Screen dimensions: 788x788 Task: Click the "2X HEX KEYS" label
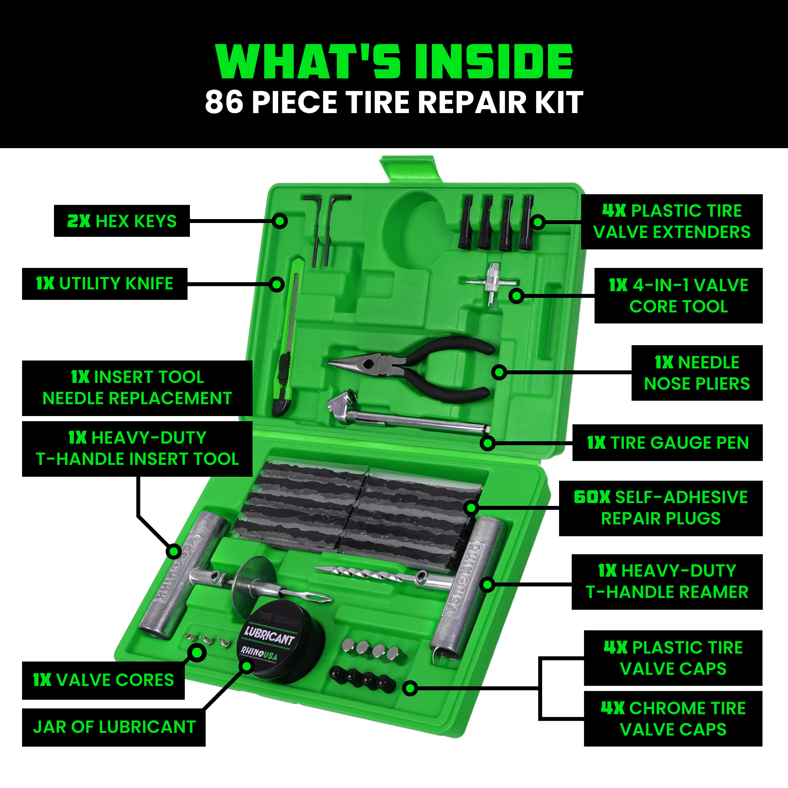[121, 221]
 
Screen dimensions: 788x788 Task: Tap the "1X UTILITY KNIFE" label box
[104, 283]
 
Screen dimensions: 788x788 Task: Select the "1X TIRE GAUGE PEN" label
[667, 442]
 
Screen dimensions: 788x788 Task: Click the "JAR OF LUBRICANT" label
[114, 727]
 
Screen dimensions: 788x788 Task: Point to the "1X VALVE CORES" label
[103, 680]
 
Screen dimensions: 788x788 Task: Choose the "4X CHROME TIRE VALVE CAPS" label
[673, 719]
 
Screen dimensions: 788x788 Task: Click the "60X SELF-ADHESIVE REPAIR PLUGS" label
[660, 508]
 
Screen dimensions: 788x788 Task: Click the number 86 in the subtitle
[224, 102]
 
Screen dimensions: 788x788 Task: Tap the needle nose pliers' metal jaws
[359, 362]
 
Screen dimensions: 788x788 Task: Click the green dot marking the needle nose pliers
[499, 372]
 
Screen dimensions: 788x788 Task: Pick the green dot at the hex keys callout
[280, 221]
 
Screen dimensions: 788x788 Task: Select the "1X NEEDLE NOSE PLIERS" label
[697, 373]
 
